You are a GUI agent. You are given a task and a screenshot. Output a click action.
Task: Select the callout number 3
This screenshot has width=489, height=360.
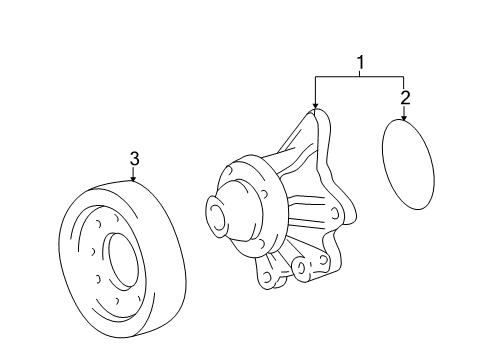(133, 158)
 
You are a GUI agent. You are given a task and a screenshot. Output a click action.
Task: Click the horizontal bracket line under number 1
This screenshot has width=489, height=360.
(359, 78)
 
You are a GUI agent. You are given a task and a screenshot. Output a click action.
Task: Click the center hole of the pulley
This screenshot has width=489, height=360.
(123, 262)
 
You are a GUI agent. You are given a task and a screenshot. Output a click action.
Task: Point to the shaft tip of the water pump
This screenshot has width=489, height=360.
(216, 212)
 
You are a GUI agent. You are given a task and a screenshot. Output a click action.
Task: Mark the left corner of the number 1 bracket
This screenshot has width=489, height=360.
(315, 78)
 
